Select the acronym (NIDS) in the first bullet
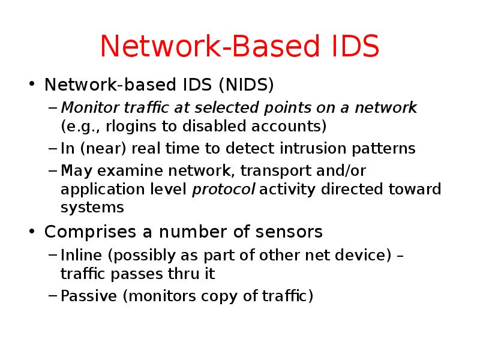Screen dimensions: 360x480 coord(246,85)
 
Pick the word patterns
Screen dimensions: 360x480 coord(386,148)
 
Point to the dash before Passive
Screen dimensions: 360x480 coord(53,296)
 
